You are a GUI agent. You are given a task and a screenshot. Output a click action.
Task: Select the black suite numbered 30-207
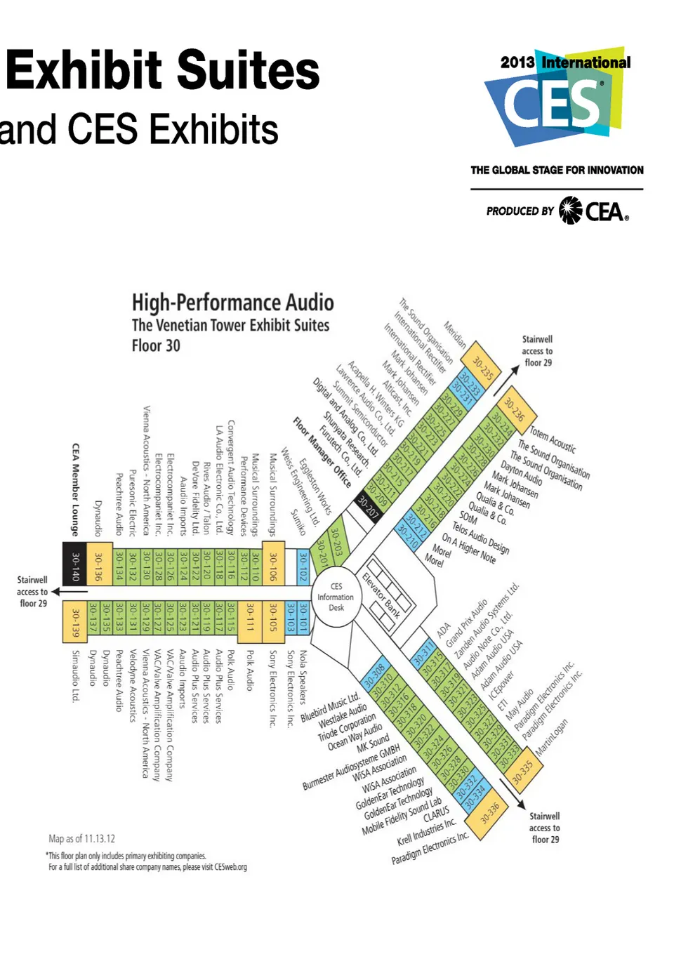coord(368,505)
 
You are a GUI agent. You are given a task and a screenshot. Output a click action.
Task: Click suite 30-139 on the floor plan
coord(75,622)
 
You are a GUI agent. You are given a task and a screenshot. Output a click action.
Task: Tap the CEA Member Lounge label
coord(75,489)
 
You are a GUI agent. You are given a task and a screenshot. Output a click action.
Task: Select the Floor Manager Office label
coord(322,452)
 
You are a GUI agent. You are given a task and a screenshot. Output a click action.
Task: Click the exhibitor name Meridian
coord(455,335)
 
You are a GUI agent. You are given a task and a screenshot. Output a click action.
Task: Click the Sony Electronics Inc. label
coord(273,688)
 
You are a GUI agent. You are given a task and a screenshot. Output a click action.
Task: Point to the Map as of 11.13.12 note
coord(81,838)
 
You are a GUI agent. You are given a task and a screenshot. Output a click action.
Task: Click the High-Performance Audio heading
coord(232,303)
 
